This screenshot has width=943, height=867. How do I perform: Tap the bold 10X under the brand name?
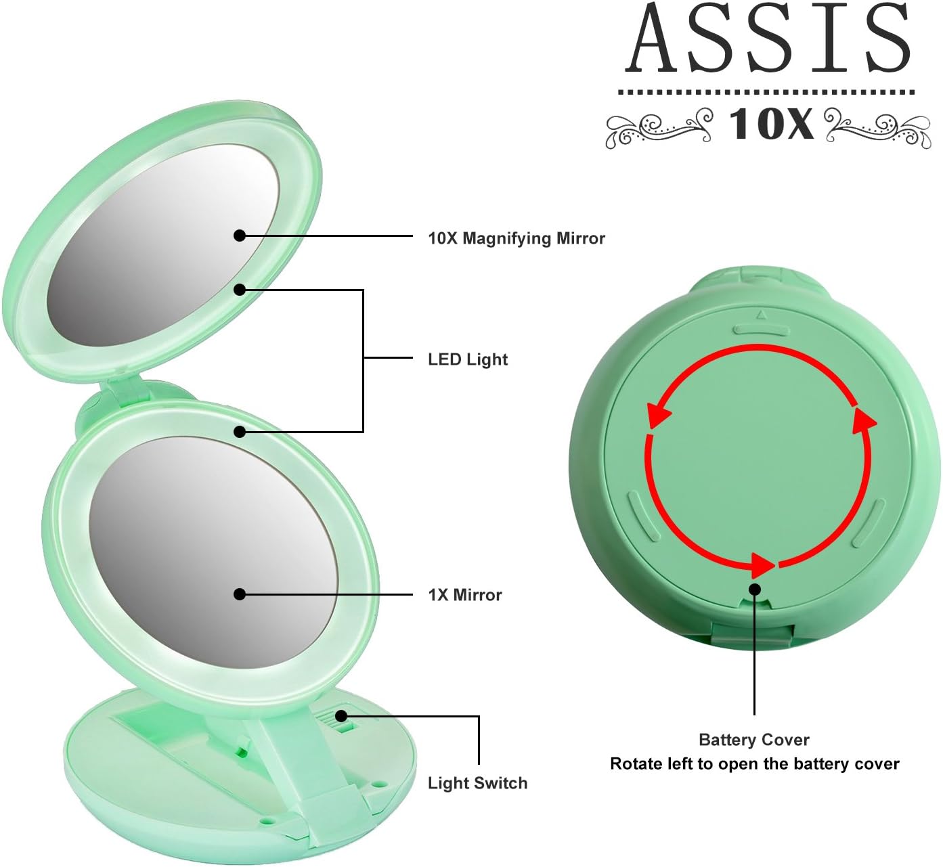770,125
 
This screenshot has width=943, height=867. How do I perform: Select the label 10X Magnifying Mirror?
516,238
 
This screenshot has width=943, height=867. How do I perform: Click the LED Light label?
467,359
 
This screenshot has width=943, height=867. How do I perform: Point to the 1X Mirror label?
464,595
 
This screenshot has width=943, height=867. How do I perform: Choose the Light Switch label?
477,783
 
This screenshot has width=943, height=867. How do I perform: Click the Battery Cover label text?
753,740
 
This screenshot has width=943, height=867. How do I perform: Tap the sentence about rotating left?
754,764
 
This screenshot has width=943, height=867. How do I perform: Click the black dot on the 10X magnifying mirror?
239,236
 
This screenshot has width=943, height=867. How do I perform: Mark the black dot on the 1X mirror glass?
239,594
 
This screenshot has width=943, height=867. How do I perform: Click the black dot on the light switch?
341,716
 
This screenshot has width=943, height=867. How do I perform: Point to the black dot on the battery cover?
755,590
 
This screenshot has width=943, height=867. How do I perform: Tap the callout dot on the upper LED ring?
239,290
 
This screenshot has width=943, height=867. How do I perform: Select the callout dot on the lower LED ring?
239,432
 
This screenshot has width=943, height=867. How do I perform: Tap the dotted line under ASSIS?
766,92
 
